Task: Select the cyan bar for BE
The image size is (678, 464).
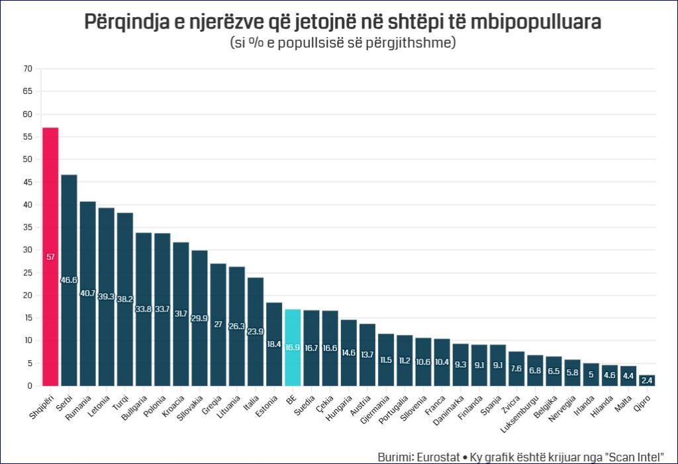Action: click(x=293, y=348)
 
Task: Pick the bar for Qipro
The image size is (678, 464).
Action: click(x=647, y=381)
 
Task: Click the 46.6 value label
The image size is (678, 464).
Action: click(x=69, y=280)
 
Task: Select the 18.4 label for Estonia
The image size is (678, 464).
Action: click(x=274, y=345)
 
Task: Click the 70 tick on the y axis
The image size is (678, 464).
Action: click(x=28, y=69)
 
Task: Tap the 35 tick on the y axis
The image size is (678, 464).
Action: click(x=28, y=227)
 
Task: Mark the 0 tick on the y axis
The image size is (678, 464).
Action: click(x=30, y=386)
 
